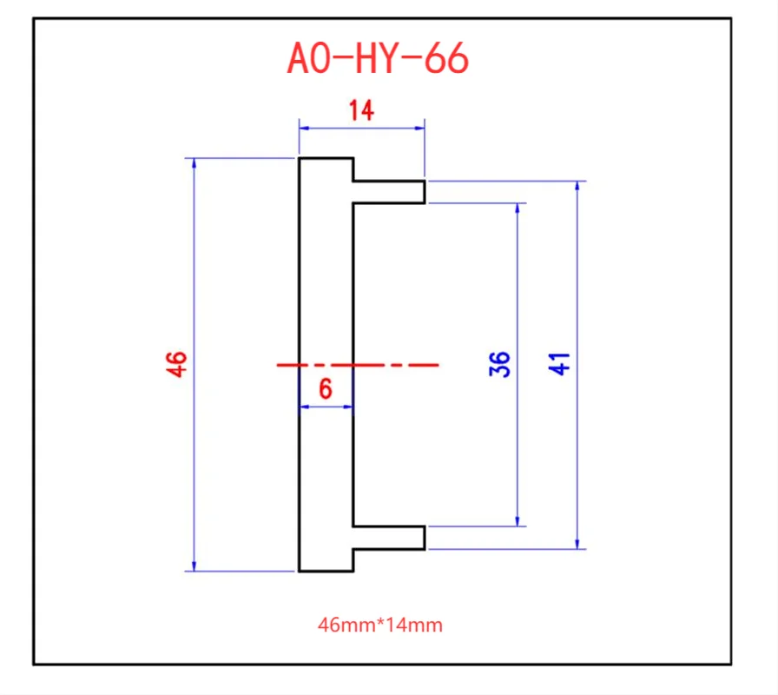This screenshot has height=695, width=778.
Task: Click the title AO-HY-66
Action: click(378, 58)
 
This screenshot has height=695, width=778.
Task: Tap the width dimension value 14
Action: click(361, 111)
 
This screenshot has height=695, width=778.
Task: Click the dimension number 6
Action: click(326, 389)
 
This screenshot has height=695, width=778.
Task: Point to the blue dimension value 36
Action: click(499, 364)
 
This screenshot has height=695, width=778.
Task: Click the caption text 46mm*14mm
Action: click(380, 625)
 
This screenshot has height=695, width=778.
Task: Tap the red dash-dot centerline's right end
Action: click(438, 365)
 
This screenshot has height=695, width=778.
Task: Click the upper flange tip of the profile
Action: click(424, 192)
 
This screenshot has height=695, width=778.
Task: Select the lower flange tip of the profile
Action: click(424, 538)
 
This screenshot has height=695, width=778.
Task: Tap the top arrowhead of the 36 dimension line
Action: click(518, 208)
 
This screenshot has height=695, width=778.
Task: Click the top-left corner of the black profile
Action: click(300, 158)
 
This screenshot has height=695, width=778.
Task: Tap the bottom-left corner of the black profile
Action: click(300, 571)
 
